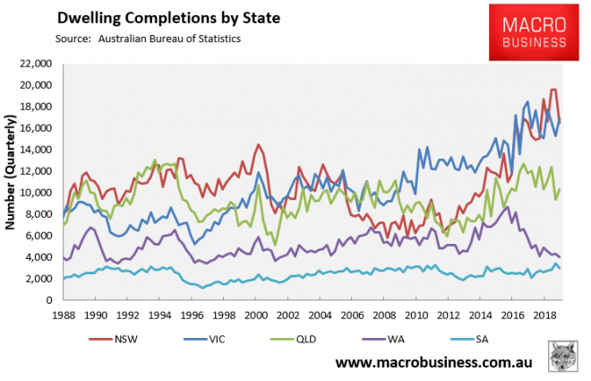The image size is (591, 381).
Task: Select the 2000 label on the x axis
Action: coord(256,315)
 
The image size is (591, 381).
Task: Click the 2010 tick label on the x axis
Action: coord(415,315)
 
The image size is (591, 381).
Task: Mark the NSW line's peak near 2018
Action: coord(553,89)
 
